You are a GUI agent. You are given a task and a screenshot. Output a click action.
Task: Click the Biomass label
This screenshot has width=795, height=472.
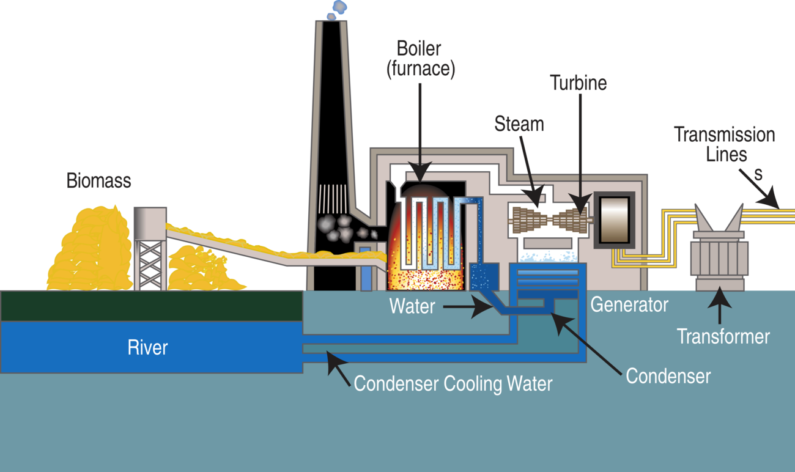coord(98,181)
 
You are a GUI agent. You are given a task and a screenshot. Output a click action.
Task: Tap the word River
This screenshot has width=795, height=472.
coord(147,348)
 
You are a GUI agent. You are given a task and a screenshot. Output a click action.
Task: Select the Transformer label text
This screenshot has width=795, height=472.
coord(723,336)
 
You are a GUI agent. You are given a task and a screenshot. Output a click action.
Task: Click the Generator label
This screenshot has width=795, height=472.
coord(629,304)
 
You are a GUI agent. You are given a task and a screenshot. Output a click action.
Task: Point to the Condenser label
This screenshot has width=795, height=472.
coord(668,375)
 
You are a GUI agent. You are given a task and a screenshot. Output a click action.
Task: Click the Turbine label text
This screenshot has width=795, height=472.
coord(578,83)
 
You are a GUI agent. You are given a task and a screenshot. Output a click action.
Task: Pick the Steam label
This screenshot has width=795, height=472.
coord(519,124)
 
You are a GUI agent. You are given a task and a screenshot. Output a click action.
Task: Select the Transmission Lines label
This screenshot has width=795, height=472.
coord(724,144)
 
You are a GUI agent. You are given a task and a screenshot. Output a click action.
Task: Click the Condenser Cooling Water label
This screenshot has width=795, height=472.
coord(453,384)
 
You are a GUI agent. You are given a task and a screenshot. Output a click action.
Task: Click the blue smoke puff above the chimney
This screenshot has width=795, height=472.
coord(336,9)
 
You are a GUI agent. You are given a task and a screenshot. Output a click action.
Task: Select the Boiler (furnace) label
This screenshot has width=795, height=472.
coord(420,59)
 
